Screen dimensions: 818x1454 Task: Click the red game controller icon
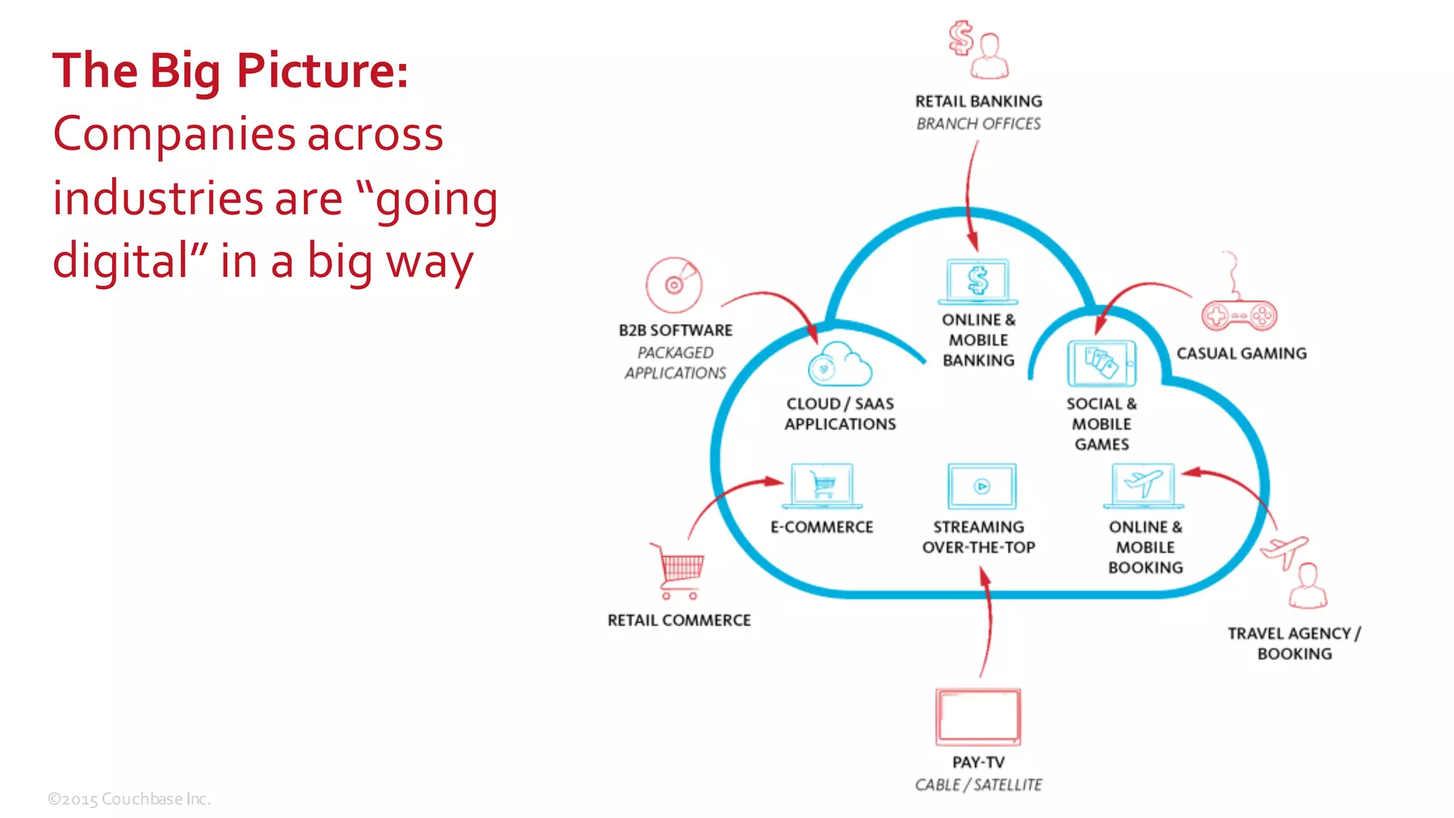click(x=1239, y=315)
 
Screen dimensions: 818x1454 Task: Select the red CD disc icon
click(x=674, y=285)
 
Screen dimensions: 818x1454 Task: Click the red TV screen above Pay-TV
click(x=978, y=716)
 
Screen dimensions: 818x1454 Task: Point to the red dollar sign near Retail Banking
click(x=961, y=38)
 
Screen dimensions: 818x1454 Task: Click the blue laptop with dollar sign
click(x=978, y=281)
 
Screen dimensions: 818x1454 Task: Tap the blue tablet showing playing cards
click(x=1101, y=363)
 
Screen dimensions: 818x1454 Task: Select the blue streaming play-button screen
click(x=982, y=486)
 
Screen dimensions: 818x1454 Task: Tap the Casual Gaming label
click(x=1241, y=353)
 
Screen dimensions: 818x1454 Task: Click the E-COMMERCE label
click(x=821, y=527)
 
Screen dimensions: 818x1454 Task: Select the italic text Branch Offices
click(x=978, y=124)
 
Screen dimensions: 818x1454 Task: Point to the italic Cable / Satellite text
click(x=978, y=785)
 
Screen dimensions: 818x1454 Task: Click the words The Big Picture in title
click(x=230, y=71)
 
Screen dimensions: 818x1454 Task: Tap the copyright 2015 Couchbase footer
click(x=129, y=800)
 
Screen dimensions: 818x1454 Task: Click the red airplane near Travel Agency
click(x=1284, y=551)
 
